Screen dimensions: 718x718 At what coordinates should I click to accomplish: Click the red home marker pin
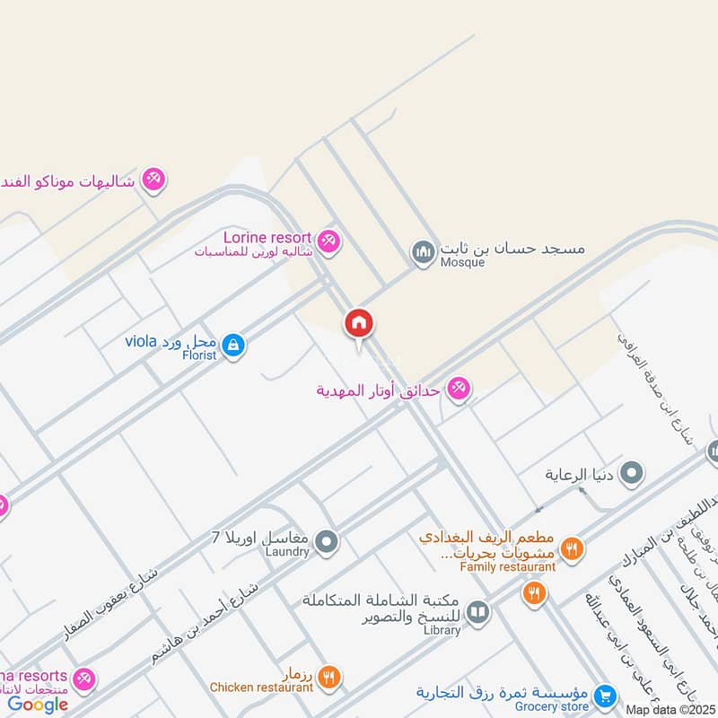tap(358, 324)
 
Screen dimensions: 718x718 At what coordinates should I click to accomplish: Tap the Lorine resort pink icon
tap(329, 241)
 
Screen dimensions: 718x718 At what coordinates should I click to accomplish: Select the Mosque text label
tap(461, 262)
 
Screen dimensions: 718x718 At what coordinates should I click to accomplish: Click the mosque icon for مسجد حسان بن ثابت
tap(423, 253)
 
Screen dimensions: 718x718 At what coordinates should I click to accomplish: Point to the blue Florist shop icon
tap(233, 345)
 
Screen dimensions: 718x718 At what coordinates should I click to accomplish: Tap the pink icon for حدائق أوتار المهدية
tap(459, 389)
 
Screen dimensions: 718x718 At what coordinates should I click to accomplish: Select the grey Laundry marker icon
tap(328, 541)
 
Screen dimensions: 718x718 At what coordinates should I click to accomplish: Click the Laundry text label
tap(288, 552)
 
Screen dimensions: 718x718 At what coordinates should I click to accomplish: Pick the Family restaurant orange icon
tap(571, 547)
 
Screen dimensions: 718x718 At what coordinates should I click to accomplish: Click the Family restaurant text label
tap(508, 566)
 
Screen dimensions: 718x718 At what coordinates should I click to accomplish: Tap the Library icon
tap(478, 612)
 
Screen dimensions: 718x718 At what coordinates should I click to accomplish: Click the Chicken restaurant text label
tap(261, 687)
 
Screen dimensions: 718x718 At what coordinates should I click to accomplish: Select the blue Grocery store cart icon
tap(605, 696)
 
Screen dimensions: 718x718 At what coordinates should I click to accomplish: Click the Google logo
tap(38, 704)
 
